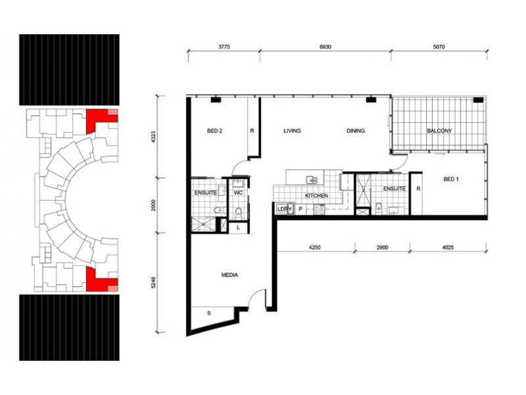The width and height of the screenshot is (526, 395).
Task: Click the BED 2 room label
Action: [214, 131]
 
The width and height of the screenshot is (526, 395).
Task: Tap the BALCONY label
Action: [439, 130]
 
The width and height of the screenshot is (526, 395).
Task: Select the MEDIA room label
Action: [229, 275]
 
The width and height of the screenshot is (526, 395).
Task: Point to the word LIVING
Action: [292, 130]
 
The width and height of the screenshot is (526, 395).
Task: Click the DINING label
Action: [356, 130]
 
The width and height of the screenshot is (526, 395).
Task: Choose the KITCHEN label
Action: [316, 196]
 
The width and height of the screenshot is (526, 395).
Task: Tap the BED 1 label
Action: [451, 179]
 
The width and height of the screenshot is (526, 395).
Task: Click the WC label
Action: [238, 193]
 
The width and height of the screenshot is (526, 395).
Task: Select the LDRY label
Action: [284, 209]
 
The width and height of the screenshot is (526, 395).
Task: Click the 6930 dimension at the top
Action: [325, 47]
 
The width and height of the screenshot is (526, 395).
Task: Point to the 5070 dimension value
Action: [439, 47]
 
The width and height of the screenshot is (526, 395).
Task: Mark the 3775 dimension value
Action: [224, 47]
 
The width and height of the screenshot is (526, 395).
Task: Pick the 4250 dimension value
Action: [315, 248]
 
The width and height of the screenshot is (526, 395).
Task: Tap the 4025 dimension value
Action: [448, 248]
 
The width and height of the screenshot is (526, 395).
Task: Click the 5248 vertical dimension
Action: [153, 282]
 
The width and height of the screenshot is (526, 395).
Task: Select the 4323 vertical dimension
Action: [153, 137]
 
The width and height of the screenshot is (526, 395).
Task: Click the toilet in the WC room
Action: [239, 212]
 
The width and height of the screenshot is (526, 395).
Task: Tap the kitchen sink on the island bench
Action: [312, 180]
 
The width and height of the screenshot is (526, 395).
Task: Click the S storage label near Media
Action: [208, 313]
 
